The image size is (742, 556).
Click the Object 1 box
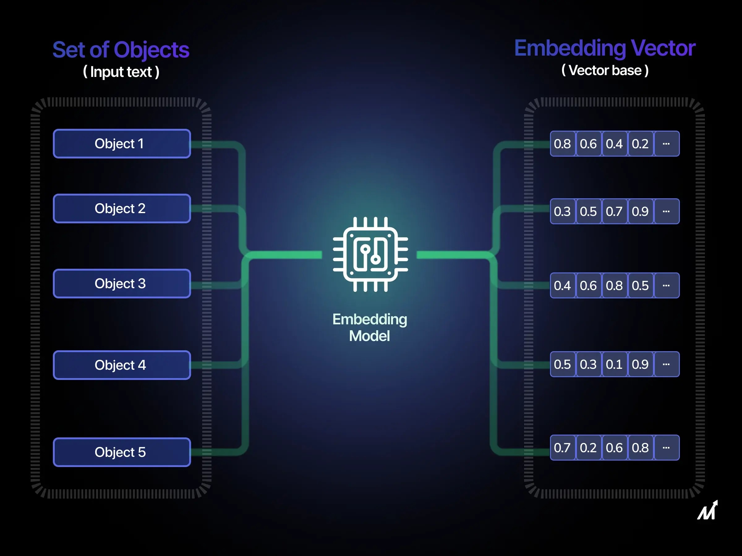[122, 143]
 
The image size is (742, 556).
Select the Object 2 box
[122, 208]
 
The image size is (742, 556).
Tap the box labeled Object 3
[122, 284]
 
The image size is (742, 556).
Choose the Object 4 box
[122, 365]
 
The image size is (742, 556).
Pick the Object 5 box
[122, 452]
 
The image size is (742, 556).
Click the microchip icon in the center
[370, 255]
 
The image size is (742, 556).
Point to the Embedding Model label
[370, 327]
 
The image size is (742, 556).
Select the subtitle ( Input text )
[121, 72]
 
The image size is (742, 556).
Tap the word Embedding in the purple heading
[570, 48]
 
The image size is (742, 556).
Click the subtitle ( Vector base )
[605, 71]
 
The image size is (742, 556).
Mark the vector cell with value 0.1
[614, 364]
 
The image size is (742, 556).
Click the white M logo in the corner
[708, 510]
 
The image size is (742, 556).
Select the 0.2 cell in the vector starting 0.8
[640, 144]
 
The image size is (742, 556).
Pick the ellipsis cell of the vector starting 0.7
[666, 448]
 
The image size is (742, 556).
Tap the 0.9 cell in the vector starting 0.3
[640, 212]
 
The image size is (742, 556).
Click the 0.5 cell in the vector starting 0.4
[640, 285]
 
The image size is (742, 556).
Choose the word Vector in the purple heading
[663, 48]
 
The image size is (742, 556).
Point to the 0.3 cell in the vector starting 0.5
[588, 364]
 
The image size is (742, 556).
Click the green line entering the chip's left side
[285, 255]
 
